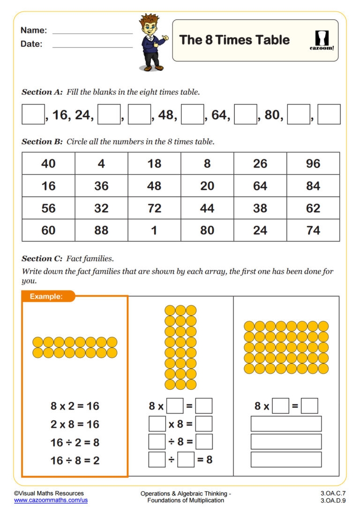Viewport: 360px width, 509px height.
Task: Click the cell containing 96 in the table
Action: coord(313,163)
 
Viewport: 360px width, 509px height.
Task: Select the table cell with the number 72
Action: coord(154,208)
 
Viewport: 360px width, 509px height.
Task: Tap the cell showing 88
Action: coord(101,230)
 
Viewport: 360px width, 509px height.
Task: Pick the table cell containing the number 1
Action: coord(154,230)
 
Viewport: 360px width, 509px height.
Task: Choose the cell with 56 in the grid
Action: coord(48,208)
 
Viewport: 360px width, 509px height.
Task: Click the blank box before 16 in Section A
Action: coord(33,114)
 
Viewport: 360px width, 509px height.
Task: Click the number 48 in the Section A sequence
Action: coord(166,115)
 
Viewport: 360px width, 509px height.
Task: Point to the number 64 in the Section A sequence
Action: coord(219,115)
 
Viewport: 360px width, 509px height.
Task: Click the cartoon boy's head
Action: coord(150,26)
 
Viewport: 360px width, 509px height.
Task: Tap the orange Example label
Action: coord(46,296)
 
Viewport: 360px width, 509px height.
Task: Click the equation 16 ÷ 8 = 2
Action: coord(75,460)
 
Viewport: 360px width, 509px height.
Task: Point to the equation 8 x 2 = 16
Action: coord(75,406)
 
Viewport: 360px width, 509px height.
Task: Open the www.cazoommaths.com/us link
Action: coord(51,501)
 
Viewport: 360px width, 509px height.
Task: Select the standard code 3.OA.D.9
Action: coord(333,501)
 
